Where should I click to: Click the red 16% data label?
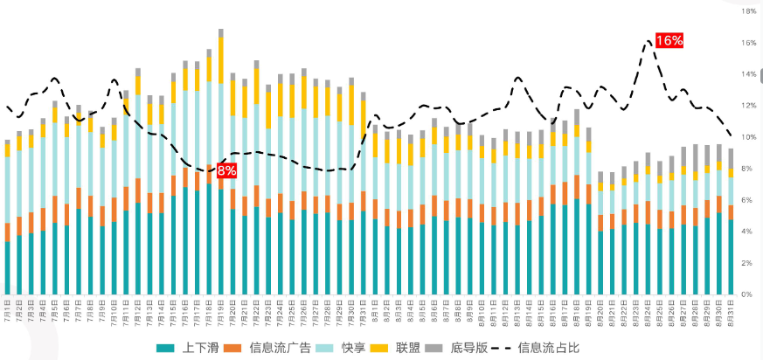coord(669,41)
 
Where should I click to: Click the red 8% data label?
coord(226,170)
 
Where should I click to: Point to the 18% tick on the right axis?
coord(748,11)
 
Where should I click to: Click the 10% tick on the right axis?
coord(748,137)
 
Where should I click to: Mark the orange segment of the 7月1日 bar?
coord(8,232)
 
